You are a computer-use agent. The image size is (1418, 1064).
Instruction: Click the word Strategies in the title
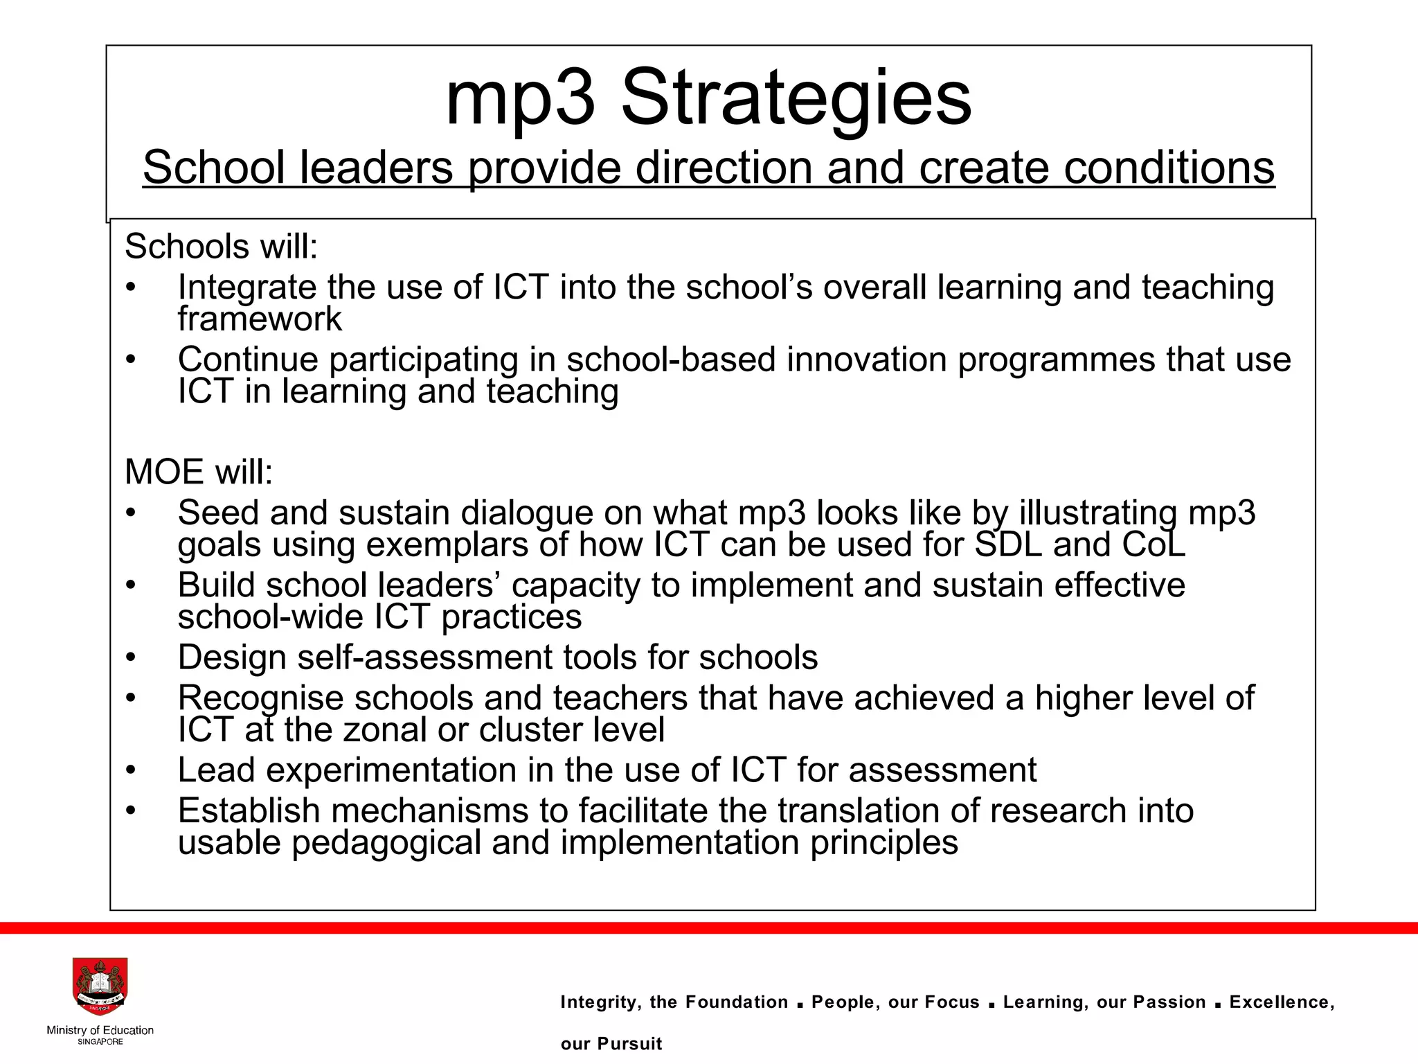[796, 99]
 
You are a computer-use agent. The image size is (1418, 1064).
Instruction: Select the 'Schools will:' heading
[221, 247]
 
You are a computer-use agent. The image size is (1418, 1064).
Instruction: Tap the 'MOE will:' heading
[199, 472]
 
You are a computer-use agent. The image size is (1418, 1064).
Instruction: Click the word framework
[260, 319]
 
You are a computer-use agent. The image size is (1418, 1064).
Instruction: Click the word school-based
[671, 360]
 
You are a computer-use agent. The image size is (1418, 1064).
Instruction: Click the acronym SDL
[1007, 544]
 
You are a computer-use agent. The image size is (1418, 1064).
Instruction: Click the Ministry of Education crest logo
[100, 988]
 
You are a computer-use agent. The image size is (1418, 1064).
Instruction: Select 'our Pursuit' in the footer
[611, 1044]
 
